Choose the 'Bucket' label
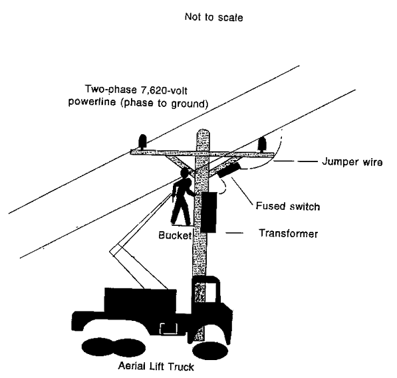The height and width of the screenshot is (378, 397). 174,235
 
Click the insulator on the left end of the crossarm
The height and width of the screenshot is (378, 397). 141,142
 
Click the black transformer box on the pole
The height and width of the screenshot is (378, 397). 211,212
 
